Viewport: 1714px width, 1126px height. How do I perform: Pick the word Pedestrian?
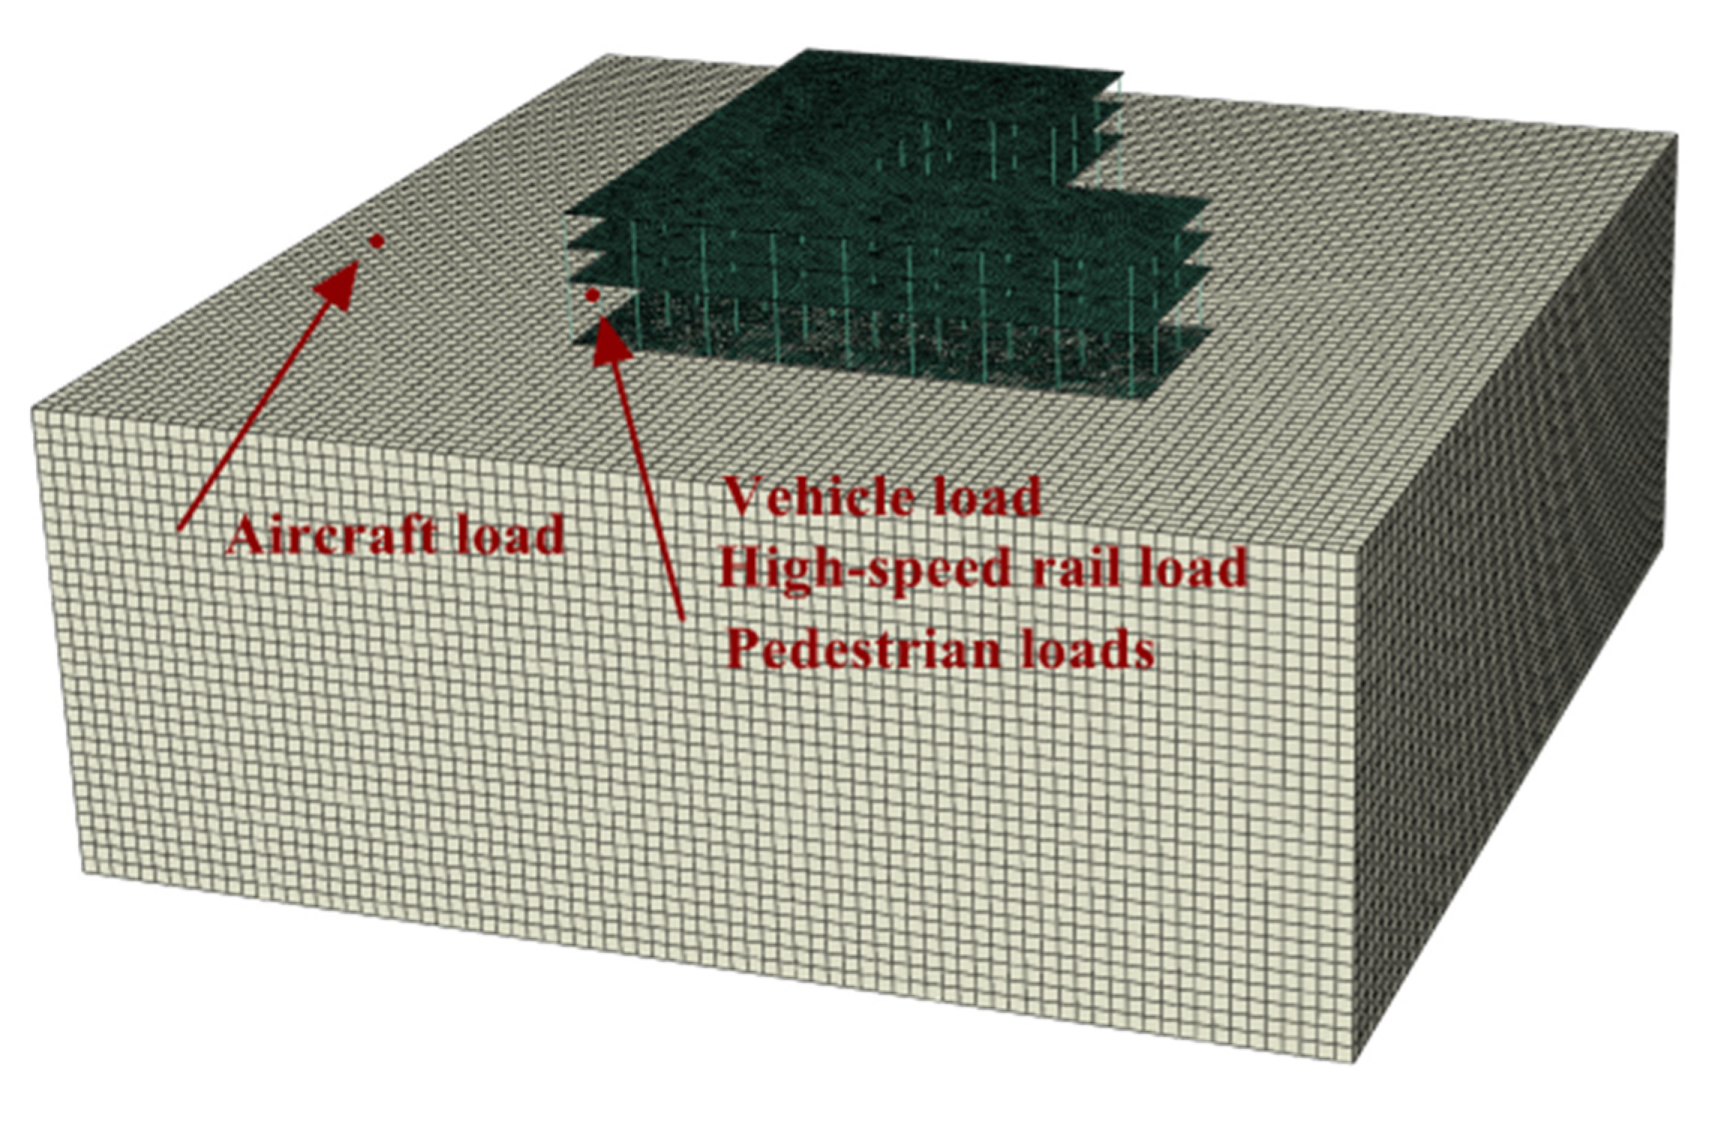click(x=863, y=649)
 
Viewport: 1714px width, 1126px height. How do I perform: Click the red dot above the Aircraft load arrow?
click(x=376, y=241)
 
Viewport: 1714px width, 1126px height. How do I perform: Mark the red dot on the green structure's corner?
click(x=592, y=295)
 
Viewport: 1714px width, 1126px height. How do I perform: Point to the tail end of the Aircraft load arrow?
click(x=178, y=529)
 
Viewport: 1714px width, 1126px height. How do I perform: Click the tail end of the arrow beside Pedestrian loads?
click(x=682, y=618)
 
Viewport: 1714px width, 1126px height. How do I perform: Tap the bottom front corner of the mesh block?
click(x=1355, y=1061)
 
